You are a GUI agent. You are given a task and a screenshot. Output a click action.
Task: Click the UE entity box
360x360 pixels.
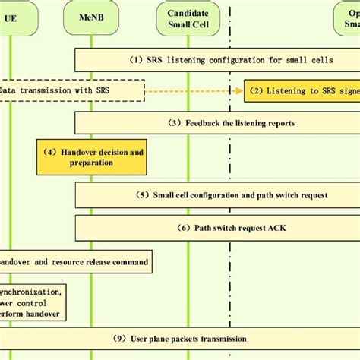tap(11, 17)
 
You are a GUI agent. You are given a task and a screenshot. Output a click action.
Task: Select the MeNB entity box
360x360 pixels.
tap(91, 17)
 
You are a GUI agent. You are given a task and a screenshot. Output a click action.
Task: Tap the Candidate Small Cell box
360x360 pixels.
tap(186, 18)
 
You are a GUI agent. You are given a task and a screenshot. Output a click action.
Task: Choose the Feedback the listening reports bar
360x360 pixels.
tap(217, 123)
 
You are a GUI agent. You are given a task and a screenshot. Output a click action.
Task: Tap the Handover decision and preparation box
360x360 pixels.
tap(90, 158)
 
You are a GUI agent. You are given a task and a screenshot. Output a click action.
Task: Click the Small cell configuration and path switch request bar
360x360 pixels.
tap(217, 194)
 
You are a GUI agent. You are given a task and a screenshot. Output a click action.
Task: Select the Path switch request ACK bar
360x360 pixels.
tap(217, 226)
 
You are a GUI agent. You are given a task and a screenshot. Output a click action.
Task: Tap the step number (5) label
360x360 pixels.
tap(144, 195)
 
